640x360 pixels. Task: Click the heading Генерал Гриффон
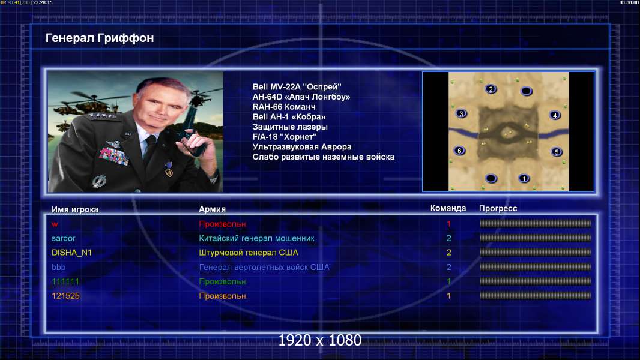pyautogui.click(x=100, y=38)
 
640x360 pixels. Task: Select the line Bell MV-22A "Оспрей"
pyautogui.click(x=297, y=86)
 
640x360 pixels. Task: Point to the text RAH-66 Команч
pyautogui.click(x=283, y=107)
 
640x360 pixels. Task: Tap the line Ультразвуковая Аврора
pyautogui.click(x=301, y=147)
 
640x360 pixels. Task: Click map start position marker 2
pyautogui.click(x=491, y=89)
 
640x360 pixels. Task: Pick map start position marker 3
pyautogui.click(x=461, y=113)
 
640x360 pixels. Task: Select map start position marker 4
pyautogui.click(x=555, y=115)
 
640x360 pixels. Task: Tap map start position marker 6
pyautogui.click(x=460, y=151)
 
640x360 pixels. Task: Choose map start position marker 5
pyautogui.click(x=557, y=152)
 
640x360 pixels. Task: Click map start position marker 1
pyautogui.click(x=524, y=178)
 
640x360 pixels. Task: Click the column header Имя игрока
pyautogui.click(x=74, y=209)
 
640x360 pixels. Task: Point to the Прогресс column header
pyautogui.click(x=498, y=208)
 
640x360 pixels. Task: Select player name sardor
pyautogui.click(x=63, y=238)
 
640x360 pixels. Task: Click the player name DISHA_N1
pyautogui.click(x=71, y=253)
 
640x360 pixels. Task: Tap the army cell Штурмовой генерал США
pyautogui.click(x=248, y=253)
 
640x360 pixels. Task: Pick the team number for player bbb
pyautogui.click(x=448, y=267)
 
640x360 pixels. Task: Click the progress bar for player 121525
pyautogui.click(x=536, y=296)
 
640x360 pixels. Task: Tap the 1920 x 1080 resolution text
pyautogui.click(x=320, y=340)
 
